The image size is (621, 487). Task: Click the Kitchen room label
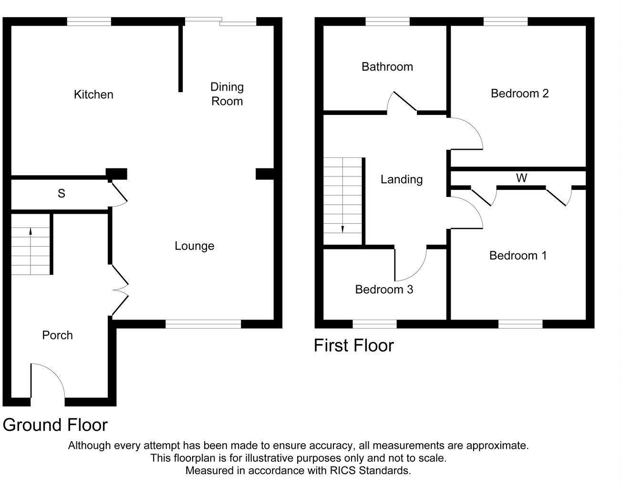point(93,94)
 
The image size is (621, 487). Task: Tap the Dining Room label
point(227,94)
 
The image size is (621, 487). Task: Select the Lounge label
point(194,246)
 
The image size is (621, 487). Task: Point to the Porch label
point(57,335)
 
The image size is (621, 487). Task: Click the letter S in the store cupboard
point(61,194)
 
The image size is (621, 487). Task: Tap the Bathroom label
point(387,67)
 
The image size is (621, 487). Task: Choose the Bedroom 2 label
point(519,93)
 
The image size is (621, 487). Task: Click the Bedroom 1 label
point(517,256)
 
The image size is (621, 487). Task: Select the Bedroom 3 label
point(384,290)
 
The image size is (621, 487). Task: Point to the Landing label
point(402,179)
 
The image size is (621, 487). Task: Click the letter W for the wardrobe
point(521,178)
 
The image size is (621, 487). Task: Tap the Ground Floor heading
point(55,425)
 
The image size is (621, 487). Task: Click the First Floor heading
point(353,345)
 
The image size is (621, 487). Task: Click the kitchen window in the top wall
point(89,21)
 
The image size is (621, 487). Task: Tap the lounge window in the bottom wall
point(203,324)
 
